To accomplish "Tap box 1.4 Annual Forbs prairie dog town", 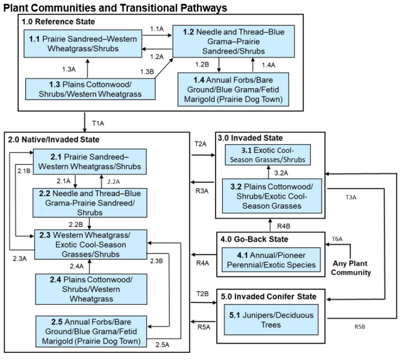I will point(233,89).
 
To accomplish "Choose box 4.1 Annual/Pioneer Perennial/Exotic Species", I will point(270,259).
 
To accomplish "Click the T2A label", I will point(201,144).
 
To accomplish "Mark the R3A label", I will point(201,189).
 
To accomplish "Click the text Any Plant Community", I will point(350,268).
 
